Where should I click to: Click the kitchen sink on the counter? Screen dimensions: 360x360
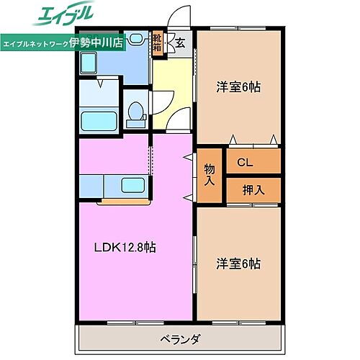tap(131, 186)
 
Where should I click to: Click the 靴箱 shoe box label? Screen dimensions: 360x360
tap(157, 43)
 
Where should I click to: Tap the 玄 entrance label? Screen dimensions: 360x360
tap(181, 42)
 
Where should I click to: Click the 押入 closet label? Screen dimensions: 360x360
tap(253, 190)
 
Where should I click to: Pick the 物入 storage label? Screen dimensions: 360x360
tap(209, 175)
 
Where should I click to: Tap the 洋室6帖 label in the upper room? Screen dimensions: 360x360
tap(238, 87)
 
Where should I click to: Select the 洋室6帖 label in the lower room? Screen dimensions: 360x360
tap(238, 264)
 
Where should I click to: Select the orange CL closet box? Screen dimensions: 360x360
tap(253, 163)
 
